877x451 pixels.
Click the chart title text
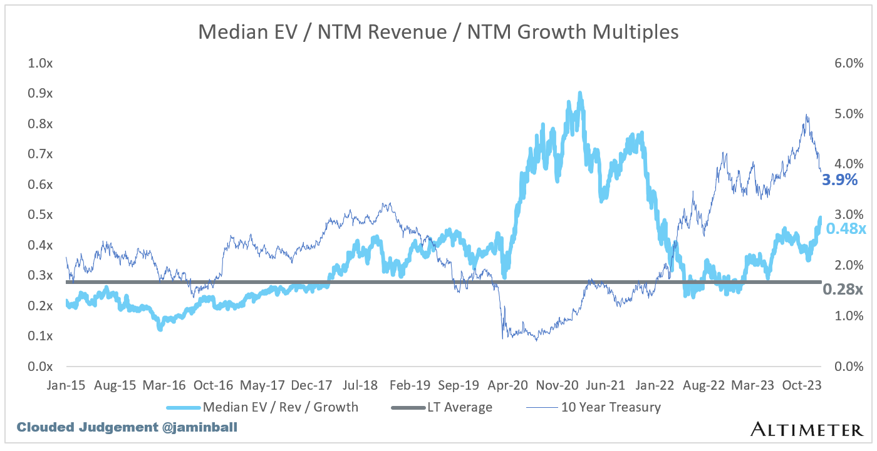click(x=438, y=32)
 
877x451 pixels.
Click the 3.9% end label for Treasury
click(x=839, y=180)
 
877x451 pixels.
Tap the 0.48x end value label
click(x=846, y=229)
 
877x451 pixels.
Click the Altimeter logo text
click(x=806, y=429)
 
